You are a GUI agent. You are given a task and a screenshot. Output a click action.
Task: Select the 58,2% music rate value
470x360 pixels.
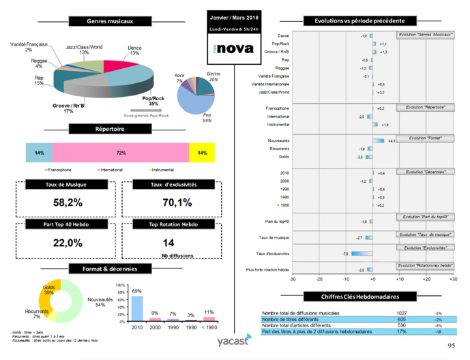coord(68,202)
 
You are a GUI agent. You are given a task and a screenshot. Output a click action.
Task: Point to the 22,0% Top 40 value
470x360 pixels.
coord(68,243)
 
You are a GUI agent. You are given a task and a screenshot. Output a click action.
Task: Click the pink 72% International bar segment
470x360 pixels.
coord(121,152)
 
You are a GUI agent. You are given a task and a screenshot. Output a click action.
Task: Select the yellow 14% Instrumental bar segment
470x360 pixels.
coord(201,152)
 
